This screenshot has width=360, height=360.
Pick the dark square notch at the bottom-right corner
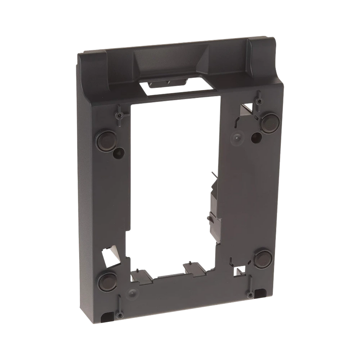pos(261,293)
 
